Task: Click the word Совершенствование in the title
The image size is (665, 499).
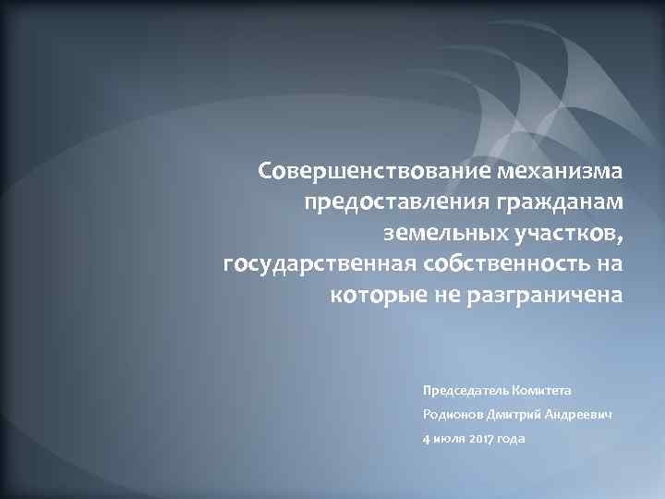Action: pyautogui.click(x=374, y=171)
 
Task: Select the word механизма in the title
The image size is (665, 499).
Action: pyautogui.click(x=561, y=171)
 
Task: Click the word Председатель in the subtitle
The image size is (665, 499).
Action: pyautogui.click(x=464, y=391)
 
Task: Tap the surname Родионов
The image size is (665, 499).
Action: pyautogui.click(x=450, y=415)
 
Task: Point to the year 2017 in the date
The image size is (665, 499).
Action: pyautogui.click(x=479, y=439)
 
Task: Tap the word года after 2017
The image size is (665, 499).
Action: pyautogui.click(x=510, y=439)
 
